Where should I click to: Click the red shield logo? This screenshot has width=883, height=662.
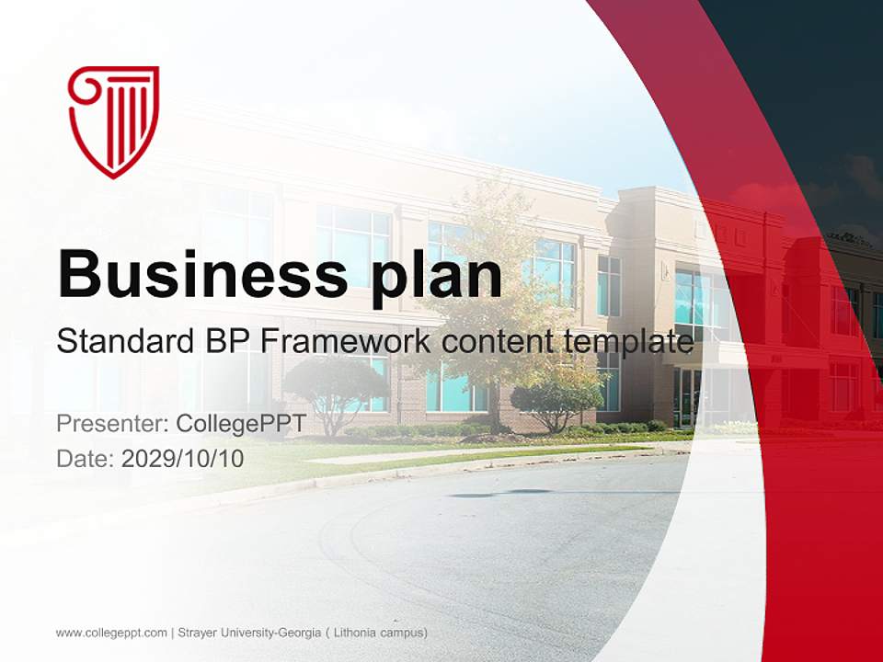pos(114,120)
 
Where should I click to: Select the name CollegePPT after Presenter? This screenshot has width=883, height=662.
pos(240,424)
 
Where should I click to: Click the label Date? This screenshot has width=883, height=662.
pos(86,458)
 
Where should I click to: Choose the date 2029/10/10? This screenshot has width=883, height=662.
pos(183,458)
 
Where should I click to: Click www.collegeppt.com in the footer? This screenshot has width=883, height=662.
pos(111,633)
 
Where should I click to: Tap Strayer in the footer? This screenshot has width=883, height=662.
pos(200,633)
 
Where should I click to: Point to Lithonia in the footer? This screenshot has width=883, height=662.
pos(359,633)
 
